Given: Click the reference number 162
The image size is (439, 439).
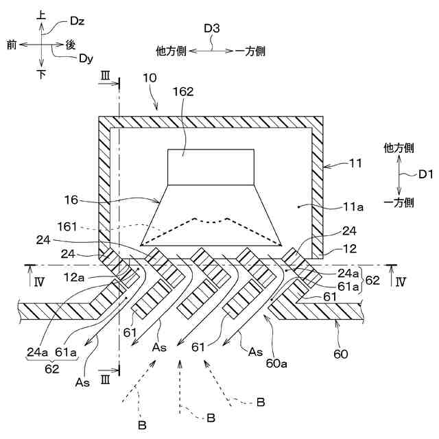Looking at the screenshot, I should coord(183,90).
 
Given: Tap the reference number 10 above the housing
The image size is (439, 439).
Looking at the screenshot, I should coord(150,78).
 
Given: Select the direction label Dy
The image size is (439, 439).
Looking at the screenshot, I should coord(85,58).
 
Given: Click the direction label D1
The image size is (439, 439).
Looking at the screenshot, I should coord(425,175).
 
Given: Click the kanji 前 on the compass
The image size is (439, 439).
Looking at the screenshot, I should coord(12,44).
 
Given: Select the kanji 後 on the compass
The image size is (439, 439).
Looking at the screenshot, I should coord(70,44).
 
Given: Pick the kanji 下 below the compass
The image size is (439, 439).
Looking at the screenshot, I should coord(41,75).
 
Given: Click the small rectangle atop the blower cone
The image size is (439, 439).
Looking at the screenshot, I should coord(211,167).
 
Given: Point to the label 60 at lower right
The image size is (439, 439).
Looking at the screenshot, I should coord(341,355).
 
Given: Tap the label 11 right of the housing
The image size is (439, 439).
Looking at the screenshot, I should coord(356,165).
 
